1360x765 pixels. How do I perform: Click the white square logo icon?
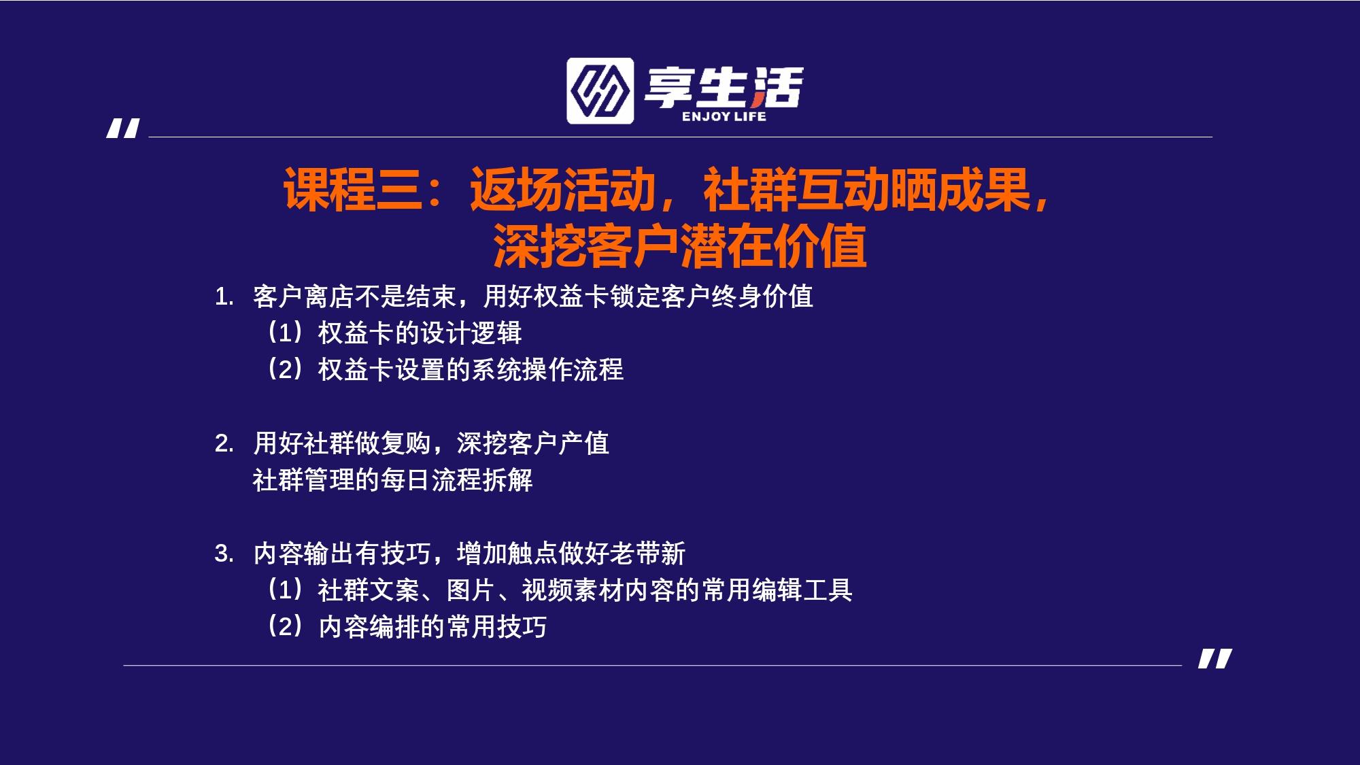coord(600,90)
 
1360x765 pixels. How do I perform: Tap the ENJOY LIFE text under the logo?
coord(724,116)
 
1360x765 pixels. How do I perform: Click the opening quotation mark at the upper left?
coord(123,129)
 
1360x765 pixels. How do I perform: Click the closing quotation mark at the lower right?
coord(1215,658)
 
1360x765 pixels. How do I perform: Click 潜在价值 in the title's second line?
coord(774,245)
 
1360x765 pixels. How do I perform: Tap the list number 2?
coord(224,443)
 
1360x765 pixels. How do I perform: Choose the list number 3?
coord(224,554)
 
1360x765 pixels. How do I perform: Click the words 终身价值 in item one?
coord(762,296)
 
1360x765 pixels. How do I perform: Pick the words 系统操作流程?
coord(547,370)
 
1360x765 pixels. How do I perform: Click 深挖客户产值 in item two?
coord(533,443)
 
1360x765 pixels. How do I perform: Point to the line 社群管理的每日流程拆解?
coord(393,480)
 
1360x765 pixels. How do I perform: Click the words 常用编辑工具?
coord(777,590)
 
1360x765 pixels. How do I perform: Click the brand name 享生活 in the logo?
coord(724,86)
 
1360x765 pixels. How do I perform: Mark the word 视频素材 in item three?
coord(573,590)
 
